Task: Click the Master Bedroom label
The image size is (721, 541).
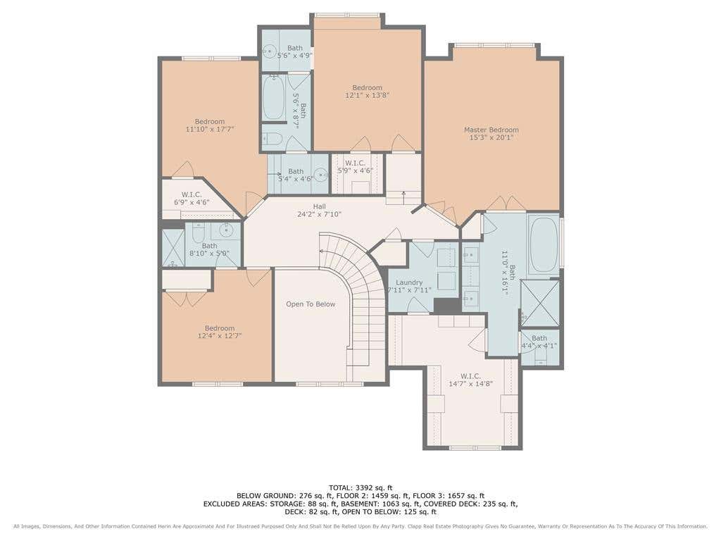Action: tap(491, 130)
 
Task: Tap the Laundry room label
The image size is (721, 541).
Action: tap(409, 282)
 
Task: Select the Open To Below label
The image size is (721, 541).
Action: tap(311, 304)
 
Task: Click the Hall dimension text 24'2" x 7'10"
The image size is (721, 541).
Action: tap(319, 214)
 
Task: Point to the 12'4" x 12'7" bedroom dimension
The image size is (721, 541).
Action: tap(220, 336)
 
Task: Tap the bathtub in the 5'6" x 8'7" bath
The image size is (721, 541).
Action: tap(273, 97)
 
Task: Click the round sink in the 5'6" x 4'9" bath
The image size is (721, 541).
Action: tap(268, 51)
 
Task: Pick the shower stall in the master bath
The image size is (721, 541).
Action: tap(540, 302)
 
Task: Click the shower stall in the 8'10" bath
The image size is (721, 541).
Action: tap(173, 248)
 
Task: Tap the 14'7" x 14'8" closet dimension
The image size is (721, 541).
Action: tap(471, 384)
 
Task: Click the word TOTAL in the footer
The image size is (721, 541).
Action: tap(341, 487)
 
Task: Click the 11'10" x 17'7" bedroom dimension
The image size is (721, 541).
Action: tap(210, 130)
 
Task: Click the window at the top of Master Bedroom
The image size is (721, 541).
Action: tap(495, 45)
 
